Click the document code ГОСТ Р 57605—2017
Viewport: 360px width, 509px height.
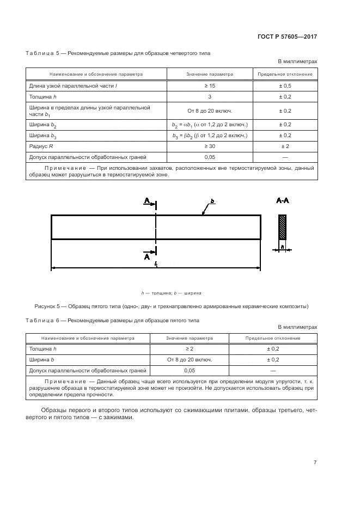coord(288,37)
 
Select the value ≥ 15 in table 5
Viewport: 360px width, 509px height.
coord(210,86)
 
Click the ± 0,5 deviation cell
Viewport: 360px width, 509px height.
coord(285,86)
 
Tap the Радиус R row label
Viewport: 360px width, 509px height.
coord(41,146)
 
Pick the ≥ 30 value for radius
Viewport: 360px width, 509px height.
coord(210,146)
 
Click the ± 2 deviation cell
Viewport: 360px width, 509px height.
coord(285,146)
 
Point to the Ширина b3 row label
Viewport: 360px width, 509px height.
coord(42,136)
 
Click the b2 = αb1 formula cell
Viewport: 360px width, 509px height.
coord(210,125)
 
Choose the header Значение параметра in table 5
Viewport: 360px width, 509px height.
coord(210,74)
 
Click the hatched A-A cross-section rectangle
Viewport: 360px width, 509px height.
coord(282,227)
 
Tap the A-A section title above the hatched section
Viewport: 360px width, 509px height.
coord(283,201)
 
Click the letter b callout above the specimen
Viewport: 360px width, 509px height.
coord(212,201)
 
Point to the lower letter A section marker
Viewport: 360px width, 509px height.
coord(147,256)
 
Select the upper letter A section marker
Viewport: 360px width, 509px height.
coord(147,201)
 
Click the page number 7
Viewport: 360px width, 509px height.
coord(315,462)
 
